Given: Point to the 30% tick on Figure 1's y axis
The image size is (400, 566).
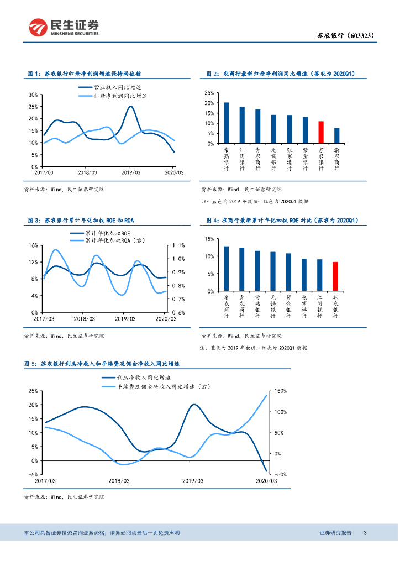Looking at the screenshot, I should tap(33, 95).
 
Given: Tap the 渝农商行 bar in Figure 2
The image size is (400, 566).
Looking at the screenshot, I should tap(337, 136).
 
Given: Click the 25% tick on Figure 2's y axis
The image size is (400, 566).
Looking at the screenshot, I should tap(209, 93).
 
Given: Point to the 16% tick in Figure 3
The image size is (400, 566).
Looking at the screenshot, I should tap(33, 245).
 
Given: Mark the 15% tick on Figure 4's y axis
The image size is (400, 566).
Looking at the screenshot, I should tap(209, 239).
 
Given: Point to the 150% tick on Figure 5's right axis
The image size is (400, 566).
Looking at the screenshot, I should tap(281, 391).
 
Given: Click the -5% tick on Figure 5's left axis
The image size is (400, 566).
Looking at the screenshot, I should tap(33, 474).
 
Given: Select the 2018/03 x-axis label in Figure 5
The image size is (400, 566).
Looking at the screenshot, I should tap(119, 481).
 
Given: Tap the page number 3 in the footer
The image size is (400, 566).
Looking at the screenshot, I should tap(365, 532).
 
